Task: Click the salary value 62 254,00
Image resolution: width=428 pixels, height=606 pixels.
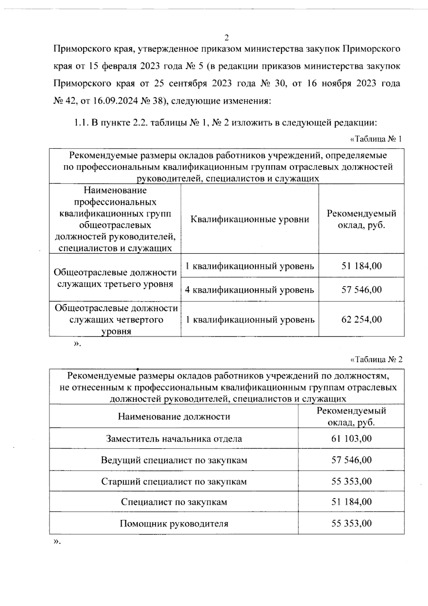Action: coord(361,319)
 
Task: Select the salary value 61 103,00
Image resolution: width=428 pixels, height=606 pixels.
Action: coord(351,439)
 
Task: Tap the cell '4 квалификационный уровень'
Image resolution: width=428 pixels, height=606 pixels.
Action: coord(250,290)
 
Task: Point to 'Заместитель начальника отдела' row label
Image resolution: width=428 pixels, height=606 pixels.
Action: coord(174,439)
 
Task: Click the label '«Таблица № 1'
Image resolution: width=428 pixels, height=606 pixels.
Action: coord(376,139)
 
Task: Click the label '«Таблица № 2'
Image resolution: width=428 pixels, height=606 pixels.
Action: coord(376,360)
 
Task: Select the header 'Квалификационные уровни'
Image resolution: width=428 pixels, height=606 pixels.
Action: coord(250,219)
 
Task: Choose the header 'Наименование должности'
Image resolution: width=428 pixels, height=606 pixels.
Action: coord(174,416)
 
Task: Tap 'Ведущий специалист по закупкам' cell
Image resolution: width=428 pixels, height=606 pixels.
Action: coord(174,460)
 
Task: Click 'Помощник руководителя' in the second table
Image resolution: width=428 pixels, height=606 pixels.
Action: coord(174,524)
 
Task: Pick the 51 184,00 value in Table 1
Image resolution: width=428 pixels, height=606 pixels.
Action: coord(361,266)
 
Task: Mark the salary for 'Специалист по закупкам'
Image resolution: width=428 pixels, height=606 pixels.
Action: coord(351,502)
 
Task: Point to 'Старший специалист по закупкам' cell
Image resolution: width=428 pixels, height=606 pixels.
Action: coord(174,481)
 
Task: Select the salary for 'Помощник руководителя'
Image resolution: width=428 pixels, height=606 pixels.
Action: coord(351,524)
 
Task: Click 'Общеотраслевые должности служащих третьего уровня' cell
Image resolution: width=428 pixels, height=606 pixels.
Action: coord(115,278)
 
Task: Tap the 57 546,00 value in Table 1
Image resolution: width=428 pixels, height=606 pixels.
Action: coord(361,290)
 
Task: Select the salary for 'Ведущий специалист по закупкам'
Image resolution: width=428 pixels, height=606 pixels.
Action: coord(351,460)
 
